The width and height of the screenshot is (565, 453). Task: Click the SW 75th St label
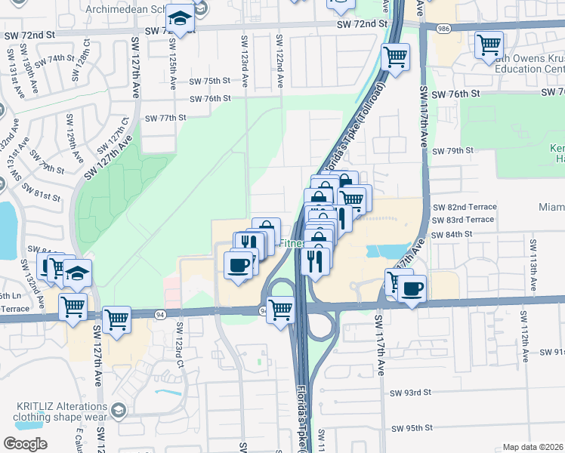coord(208,81)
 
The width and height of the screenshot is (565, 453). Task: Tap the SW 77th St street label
coord(165,118)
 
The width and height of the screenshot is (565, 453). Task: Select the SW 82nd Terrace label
coord(464,207)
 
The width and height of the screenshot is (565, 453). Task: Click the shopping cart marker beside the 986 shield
coord(489,45)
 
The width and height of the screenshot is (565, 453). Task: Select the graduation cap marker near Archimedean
coord(180,18)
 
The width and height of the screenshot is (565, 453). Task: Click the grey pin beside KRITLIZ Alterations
coord(118,410)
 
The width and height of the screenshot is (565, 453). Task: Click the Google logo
coord(25,444)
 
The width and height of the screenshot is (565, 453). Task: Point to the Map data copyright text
coord(533,447)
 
